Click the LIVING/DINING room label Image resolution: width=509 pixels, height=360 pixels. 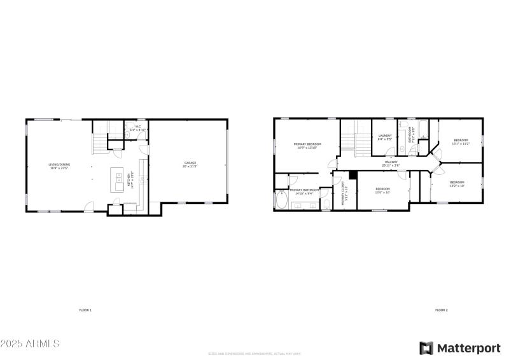pos(60,166)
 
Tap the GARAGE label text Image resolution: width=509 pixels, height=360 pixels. pos(190,165)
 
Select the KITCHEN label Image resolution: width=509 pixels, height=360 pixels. pos(130,179)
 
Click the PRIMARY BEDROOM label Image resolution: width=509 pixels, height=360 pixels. pos(307,146)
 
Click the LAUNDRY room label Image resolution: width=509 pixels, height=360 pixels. pos(384,136)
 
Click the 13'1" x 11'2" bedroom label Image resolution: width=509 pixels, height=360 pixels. pos(461,141)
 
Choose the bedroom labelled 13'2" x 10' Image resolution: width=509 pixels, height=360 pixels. pos(457,183)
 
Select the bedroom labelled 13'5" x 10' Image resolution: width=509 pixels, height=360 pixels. pos(382,190)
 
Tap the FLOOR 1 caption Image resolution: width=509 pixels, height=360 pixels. pos(85,310)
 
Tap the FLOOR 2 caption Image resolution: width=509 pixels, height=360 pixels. pos(442,310)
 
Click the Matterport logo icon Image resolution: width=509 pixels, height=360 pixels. pos(426,347)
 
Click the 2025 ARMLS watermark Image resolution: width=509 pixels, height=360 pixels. pos(30,343)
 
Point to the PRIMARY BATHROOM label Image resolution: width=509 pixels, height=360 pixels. pos(304,190)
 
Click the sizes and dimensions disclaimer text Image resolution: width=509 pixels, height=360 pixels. pos(254,354)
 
